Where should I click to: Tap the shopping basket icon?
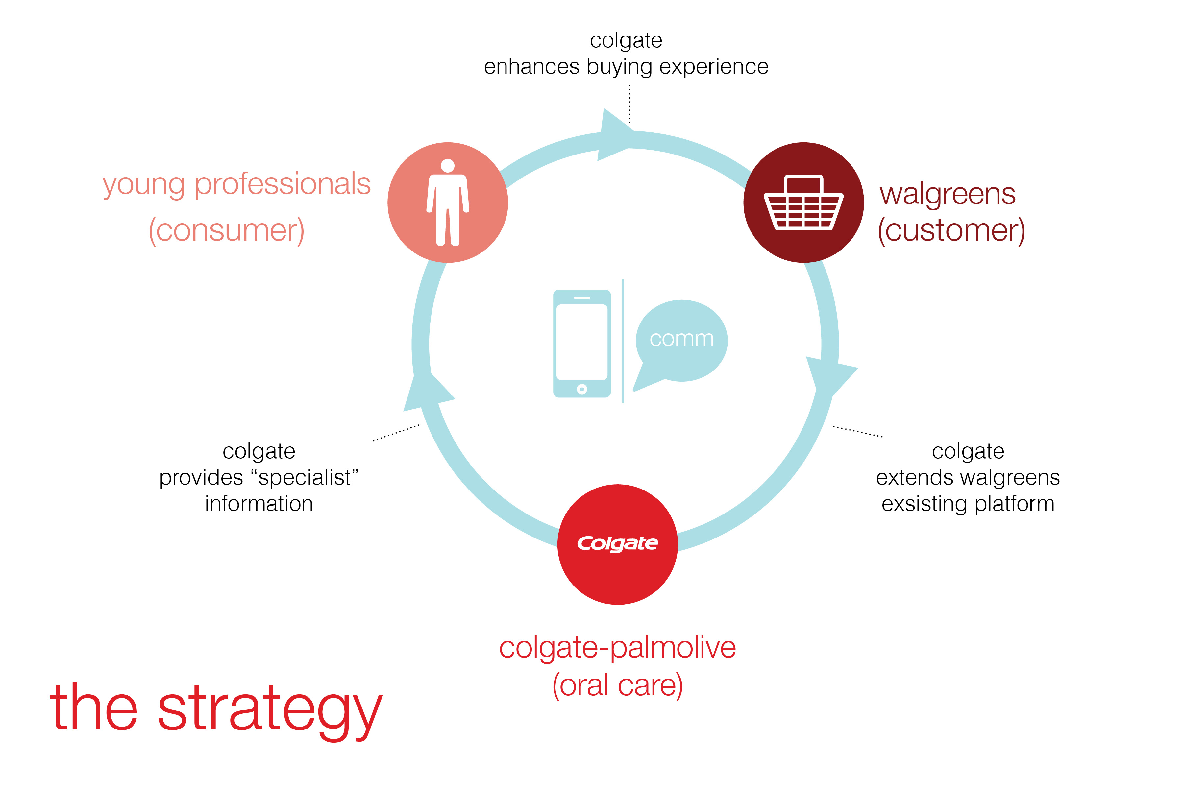[x=803, y=203]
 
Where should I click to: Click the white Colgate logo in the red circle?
[x=617, y=543]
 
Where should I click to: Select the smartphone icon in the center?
[x=581, y=343]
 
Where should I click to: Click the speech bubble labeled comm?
[x=681, y=339]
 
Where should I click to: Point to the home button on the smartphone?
[x=582, y=389]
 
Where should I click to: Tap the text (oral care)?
[x=617, y=685]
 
